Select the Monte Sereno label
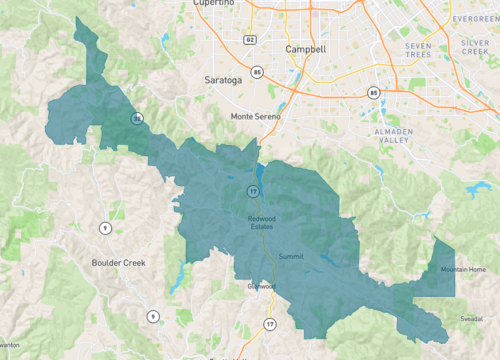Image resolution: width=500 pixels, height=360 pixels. coord(256,116)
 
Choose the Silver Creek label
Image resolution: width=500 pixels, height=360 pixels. coord(474,50)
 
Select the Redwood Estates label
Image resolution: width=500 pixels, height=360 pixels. coord(264,223)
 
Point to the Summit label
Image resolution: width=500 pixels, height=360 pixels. coord(290,257)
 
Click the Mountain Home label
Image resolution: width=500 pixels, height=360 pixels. coord(463,270)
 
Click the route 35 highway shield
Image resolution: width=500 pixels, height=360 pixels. coord(137,119)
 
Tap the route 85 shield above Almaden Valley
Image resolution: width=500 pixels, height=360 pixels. coord(373,93)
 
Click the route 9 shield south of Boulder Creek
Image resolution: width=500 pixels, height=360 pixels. coord(153,316)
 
